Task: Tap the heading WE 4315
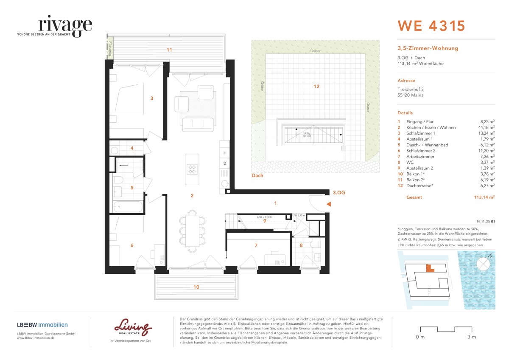click(x=431, y=26)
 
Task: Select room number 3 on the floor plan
click(x=151, y=98)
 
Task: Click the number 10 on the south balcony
click(x=196, y=287)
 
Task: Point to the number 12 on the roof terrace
click(x=316, y=86)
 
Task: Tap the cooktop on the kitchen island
click(x=192, y=169)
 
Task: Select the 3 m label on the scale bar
click(x=471, y=337)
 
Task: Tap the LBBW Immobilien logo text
click(x=45, y=325)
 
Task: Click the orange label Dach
click(x=257, y=175)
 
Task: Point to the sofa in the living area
click(x=198, y=123)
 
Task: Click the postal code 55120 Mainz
click(x=410, y=95)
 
